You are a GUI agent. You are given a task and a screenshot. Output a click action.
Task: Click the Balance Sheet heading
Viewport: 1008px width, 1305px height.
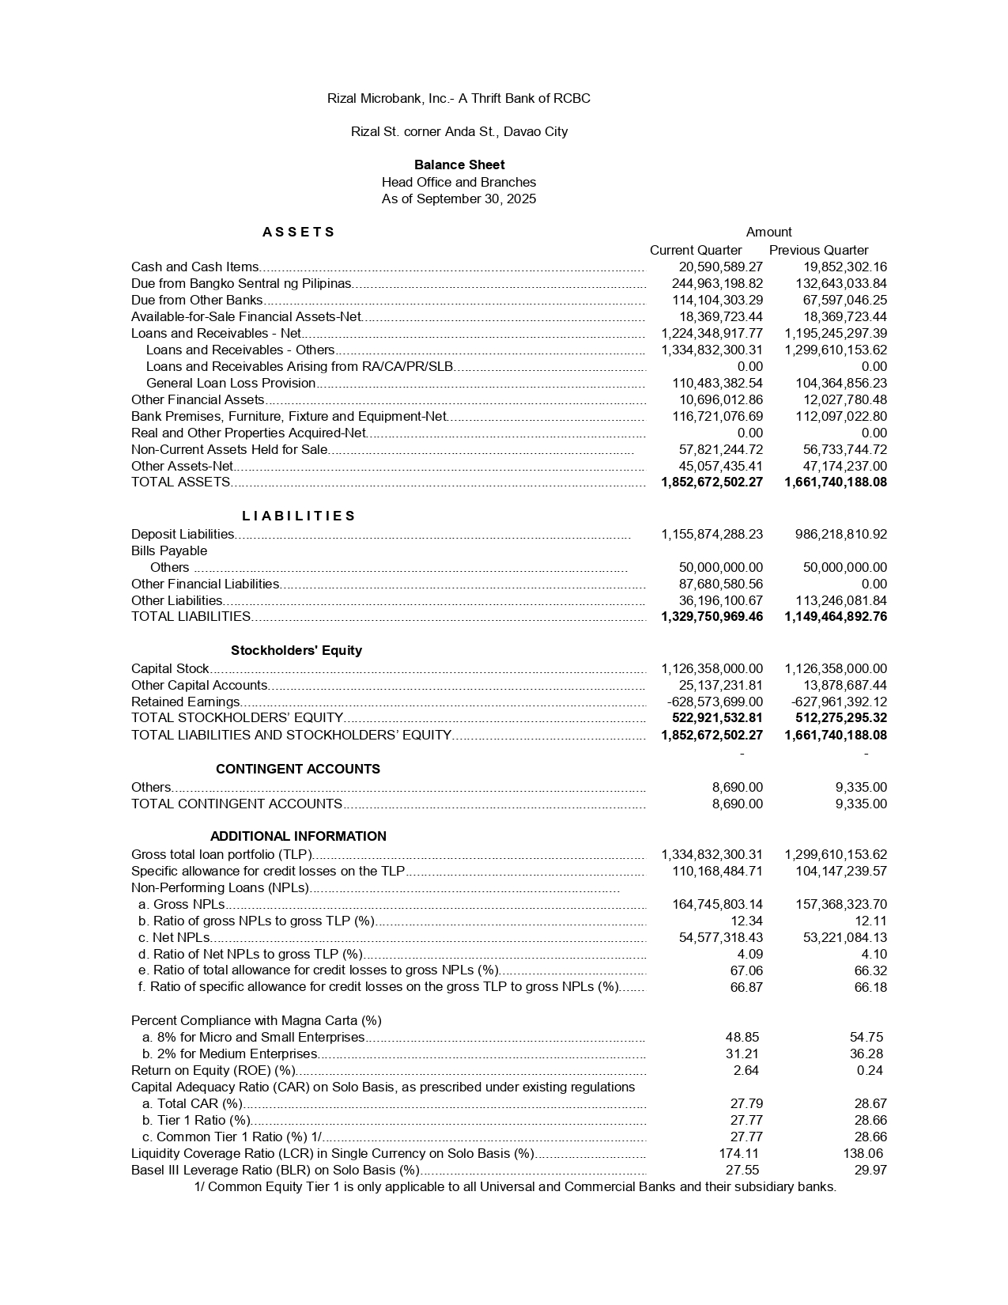pyautogui.click(x=459, y=165)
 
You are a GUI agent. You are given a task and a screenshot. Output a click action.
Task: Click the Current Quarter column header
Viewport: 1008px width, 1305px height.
pyautogui.click(x=696, y=250)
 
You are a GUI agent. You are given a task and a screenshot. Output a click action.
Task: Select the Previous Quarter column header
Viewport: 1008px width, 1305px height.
pyautogui.click(x=818, y=250)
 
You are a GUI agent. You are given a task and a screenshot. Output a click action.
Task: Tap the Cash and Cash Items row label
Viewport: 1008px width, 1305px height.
pyautogui.click(x=194, y=267)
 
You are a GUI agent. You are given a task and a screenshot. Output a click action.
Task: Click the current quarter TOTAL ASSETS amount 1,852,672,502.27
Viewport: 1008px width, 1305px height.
pyautogui.click(x=712, y=482)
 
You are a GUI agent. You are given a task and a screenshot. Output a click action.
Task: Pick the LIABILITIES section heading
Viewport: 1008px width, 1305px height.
pyautogui.click(x=299, y=516)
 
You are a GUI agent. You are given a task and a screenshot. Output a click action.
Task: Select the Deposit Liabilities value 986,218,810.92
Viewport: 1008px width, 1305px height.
pyautogui.click(x=840, y=534)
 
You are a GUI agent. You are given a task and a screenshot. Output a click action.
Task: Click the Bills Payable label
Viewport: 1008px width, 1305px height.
pyautogui.click(x=169, y=550)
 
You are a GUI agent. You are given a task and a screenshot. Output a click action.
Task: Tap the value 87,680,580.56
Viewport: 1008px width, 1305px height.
pyautogui.click(x=721, y=584)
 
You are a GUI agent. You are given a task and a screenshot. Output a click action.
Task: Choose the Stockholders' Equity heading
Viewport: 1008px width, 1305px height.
pyautogui.click(x=296, y=650)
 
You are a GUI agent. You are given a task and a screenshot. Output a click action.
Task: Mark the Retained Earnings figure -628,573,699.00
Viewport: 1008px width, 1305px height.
pyautogui.click(x=715, y=702)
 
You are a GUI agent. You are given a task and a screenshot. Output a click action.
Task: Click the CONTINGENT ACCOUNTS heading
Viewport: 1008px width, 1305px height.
pyautogui.click(x=298, y=769)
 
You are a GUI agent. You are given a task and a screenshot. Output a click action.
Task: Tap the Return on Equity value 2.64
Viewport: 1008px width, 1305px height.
pyautogui.click(x=746, y=1070)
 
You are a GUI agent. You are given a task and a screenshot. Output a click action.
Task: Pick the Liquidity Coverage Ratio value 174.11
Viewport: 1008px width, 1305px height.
pyautogui.click(x=738, y=1153)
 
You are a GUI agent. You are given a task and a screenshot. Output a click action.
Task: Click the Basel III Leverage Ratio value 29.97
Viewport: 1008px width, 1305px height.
pyautogui.click(x=870, y=1170)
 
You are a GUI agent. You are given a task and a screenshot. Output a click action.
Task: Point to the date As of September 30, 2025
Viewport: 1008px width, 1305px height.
pyautogui.click(x=459, y=199)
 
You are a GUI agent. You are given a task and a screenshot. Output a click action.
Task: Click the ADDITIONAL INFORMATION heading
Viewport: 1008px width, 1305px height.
pyautogui.click(x=298, y=836)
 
